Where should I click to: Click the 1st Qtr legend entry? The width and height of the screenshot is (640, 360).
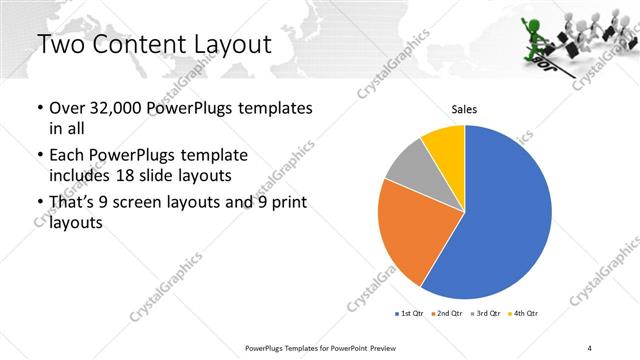411,314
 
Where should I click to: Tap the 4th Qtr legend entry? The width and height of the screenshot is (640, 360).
524,314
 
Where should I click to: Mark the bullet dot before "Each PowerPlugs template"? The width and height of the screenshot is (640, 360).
39,156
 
